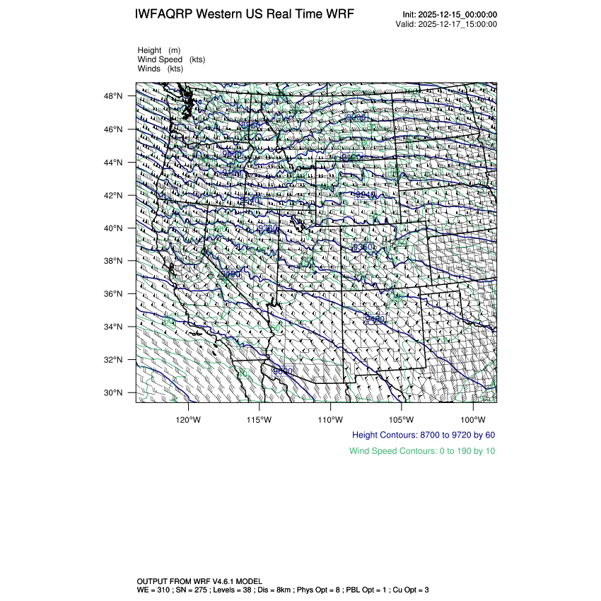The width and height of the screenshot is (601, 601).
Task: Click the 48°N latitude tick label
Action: [115, 96]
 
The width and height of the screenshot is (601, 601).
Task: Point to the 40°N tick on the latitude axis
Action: [115, 228]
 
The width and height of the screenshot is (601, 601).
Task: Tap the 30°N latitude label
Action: [115, 393]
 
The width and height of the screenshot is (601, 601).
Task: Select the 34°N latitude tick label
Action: [115, 327]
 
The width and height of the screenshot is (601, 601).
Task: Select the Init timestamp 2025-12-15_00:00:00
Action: [459, 15]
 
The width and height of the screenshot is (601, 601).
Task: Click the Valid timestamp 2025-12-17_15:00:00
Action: [459, 24]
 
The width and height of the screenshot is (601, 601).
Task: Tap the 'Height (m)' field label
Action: [159, 50]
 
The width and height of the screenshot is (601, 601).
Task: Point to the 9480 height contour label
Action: [375, 320]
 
